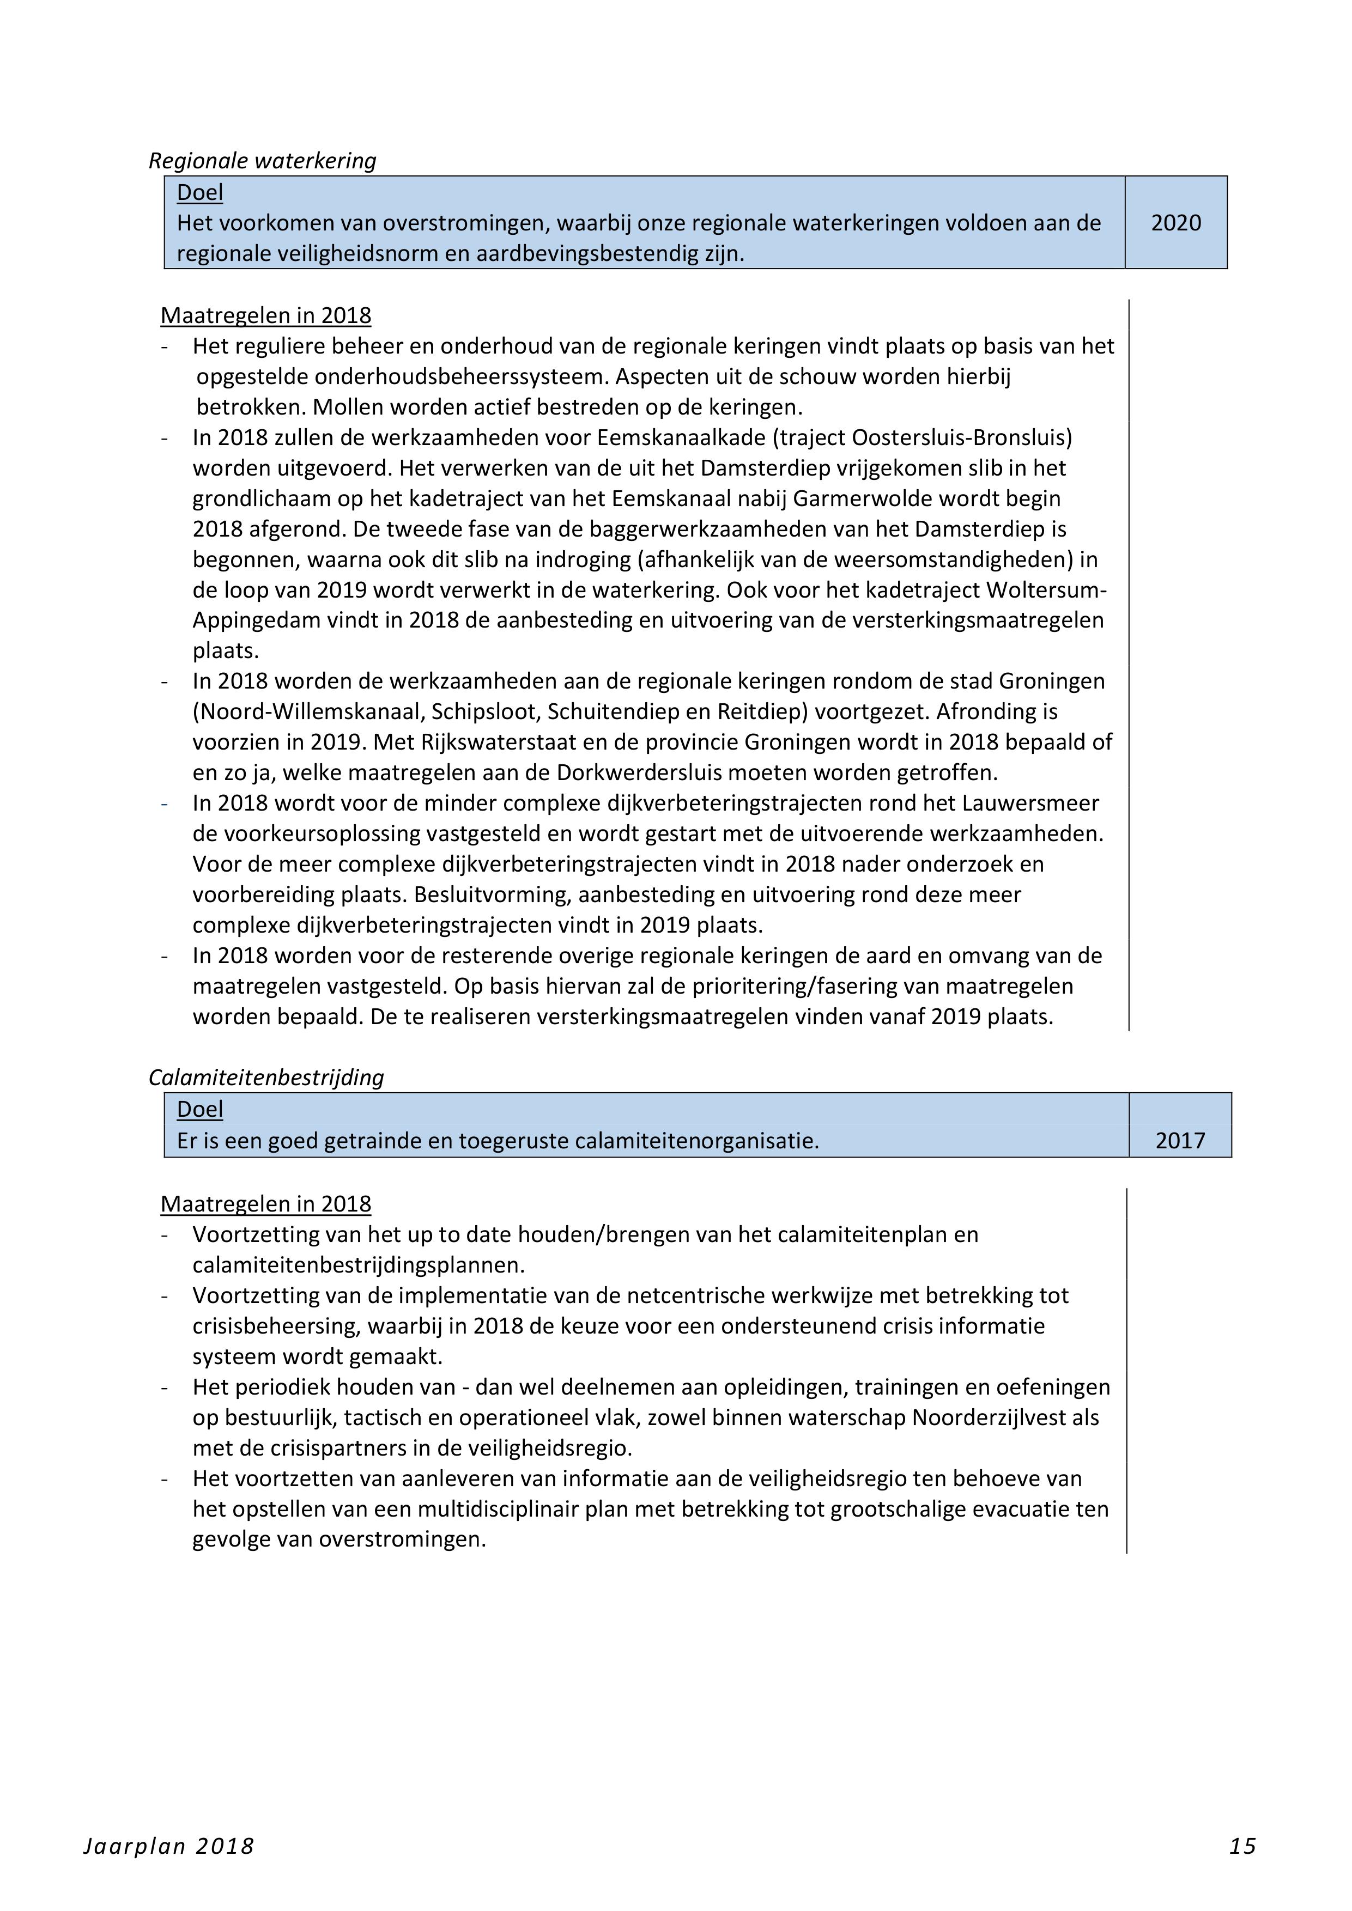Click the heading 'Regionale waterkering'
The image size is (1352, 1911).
[262, 161]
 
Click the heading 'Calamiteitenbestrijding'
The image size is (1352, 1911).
[266, 1078]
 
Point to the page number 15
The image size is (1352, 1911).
[1242, 1847]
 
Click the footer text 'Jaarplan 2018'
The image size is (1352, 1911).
[169, 1847]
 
